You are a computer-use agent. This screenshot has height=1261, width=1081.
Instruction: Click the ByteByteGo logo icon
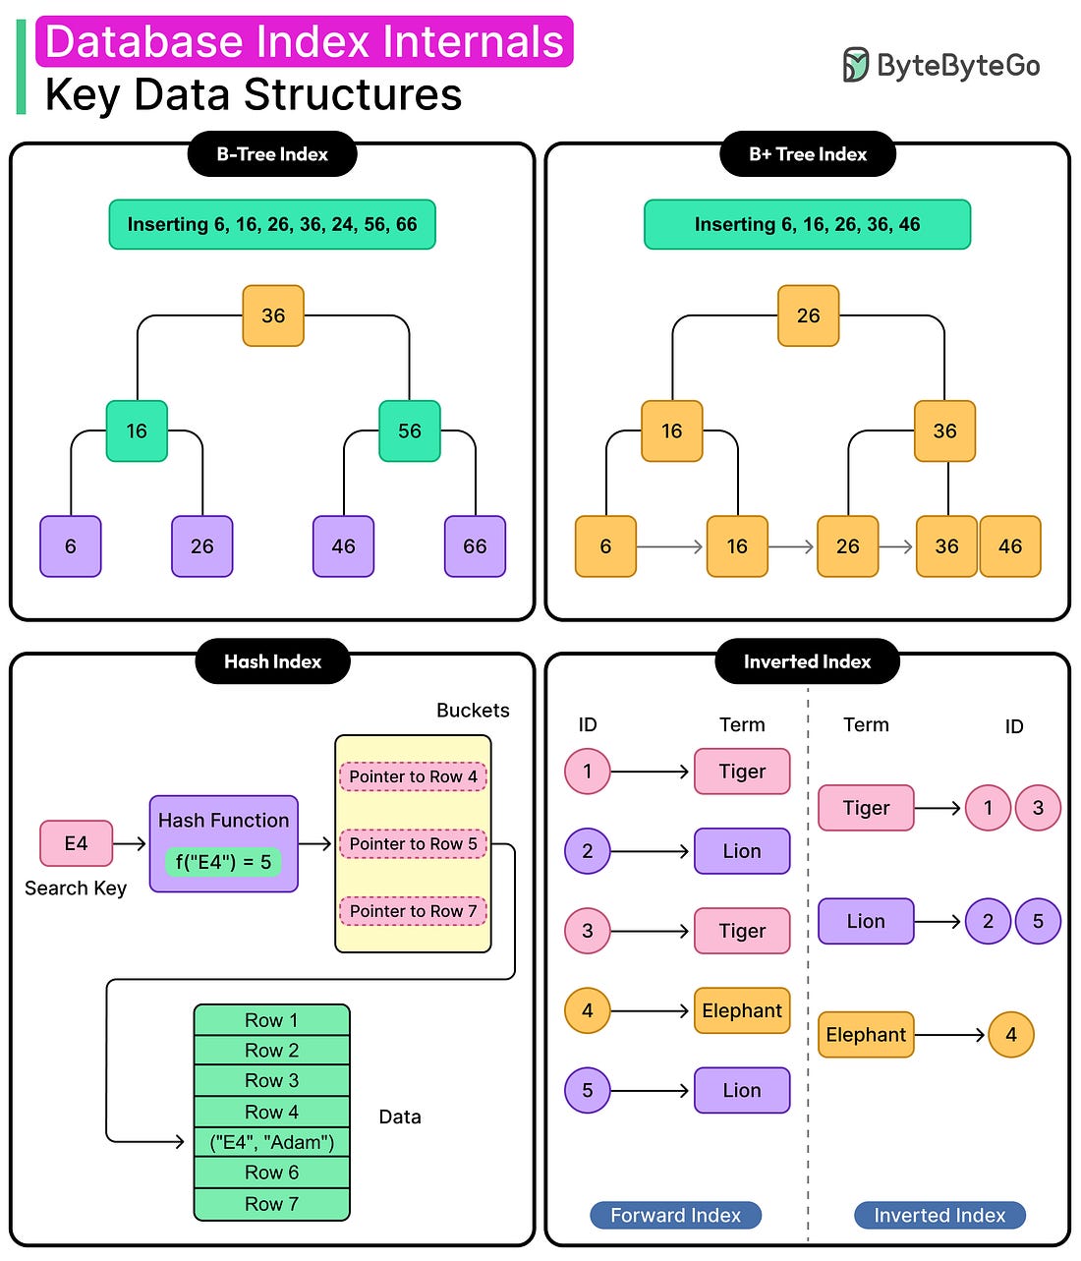855,65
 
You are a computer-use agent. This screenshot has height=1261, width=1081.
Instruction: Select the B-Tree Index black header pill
272,154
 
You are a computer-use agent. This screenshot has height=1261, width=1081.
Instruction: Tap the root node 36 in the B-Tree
273,315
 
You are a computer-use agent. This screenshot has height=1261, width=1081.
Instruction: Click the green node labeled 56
410,430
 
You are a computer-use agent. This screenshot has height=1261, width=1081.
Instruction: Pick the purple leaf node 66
475,546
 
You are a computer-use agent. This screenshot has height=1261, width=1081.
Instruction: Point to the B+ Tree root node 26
808,315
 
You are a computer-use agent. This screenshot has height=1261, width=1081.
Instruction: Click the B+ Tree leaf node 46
1010,546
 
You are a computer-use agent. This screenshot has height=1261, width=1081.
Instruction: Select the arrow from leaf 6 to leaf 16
670,546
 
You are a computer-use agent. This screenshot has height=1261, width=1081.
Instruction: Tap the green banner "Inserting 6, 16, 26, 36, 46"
807,224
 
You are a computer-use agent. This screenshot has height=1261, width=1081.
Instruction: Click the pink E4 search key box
76,843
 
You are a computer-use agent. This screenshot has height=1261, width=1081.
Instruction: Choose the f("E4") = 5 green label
223,862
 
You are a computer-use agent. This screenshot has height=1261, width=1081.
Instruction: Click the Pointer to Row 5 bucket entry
413,843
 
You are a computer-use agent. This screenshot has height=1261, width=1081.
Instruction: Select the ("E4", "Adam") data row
272,1142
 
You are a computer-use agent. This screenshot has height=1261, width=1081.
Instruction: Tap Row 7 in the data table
272,1204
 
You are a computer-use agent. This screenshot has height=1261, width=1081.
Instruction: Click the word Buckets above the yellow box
473,711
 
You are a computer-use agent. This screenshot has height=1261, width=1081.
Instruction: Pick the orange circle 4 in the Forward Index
588,1010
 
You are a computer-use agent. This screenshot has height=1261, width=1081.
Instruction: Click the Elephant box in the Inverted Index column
866,1035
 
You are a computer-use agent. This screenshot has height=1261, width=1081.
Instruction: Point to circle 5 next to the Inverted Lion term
1038,921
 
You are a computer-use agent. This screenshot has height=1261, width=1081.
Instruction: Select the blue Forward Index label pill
675,1216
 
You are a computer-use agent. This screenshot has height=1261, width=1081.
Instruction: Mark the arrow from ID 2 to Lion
651,851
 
